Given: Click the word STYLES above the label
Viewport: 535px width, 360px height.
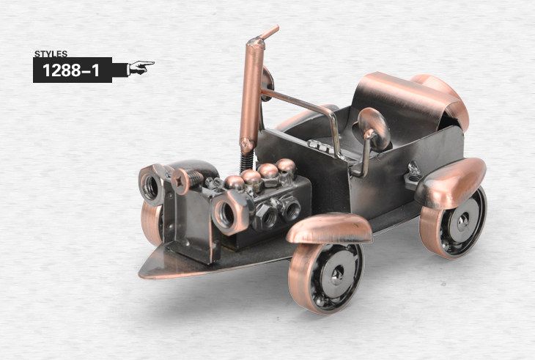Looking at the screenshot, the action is pos(51,54).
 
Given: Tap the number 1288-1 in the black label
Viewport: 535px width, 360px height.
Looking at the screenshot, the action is pos(71,70).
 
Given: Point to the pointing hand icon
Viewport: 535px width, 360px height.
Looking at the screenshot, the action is pos(141,67).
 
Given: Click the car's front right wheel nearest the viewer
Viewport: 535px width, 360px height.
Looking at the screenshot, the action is pos(326,277).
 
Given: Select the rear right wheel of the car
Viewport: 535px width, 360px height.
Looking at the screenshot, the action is pos(453,223).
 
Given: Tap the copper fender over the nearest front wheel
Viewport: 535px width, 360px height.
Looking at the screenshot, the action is pos(329,229).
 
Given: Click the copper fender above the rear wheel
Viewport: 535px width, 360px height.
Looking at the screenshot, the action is pos(451,183).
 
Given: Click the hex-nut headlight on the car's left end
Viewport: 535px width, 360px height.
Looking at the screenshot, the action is pos(152,185).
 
